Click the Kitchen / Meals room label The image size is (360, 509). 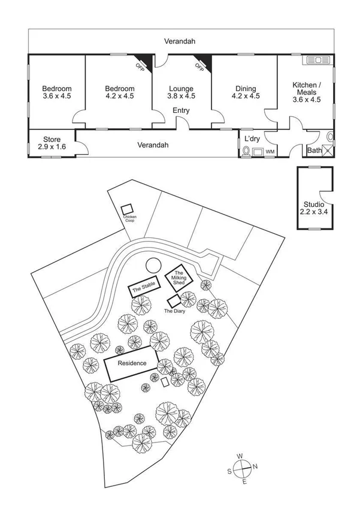[307, 92]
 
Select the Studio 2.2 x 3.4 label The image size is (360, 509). [314, 209]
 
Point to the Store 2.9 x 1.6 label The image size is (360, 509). [52, 143]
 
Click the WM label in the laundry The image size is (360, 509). [270, 152]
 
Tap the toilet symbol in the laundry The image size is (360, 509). [246, 152]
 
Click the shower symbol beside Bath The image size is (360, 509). [328, 150]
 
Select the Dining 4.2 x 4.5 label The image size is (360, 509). [246, 92]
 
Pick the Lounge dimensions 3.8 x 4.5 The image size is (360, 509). [181, 96]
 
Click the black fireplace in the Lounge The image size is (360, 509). [205, 62]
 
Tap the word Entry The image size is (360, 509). [181, 110]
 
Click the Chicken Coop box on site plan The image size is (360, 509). [127, 209]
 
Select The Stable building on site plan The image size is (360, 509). [144, 287]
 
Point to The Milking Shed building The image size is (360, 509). [179, 278]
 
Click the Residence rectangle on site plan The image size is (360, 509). [132, 363]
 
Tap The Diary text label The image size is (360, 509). [174, 311]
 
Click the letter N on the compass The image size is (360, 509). [255, 466]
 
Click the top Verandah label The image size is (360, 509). [180, 41]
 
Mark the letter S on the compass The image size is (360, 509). [229, 472]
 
